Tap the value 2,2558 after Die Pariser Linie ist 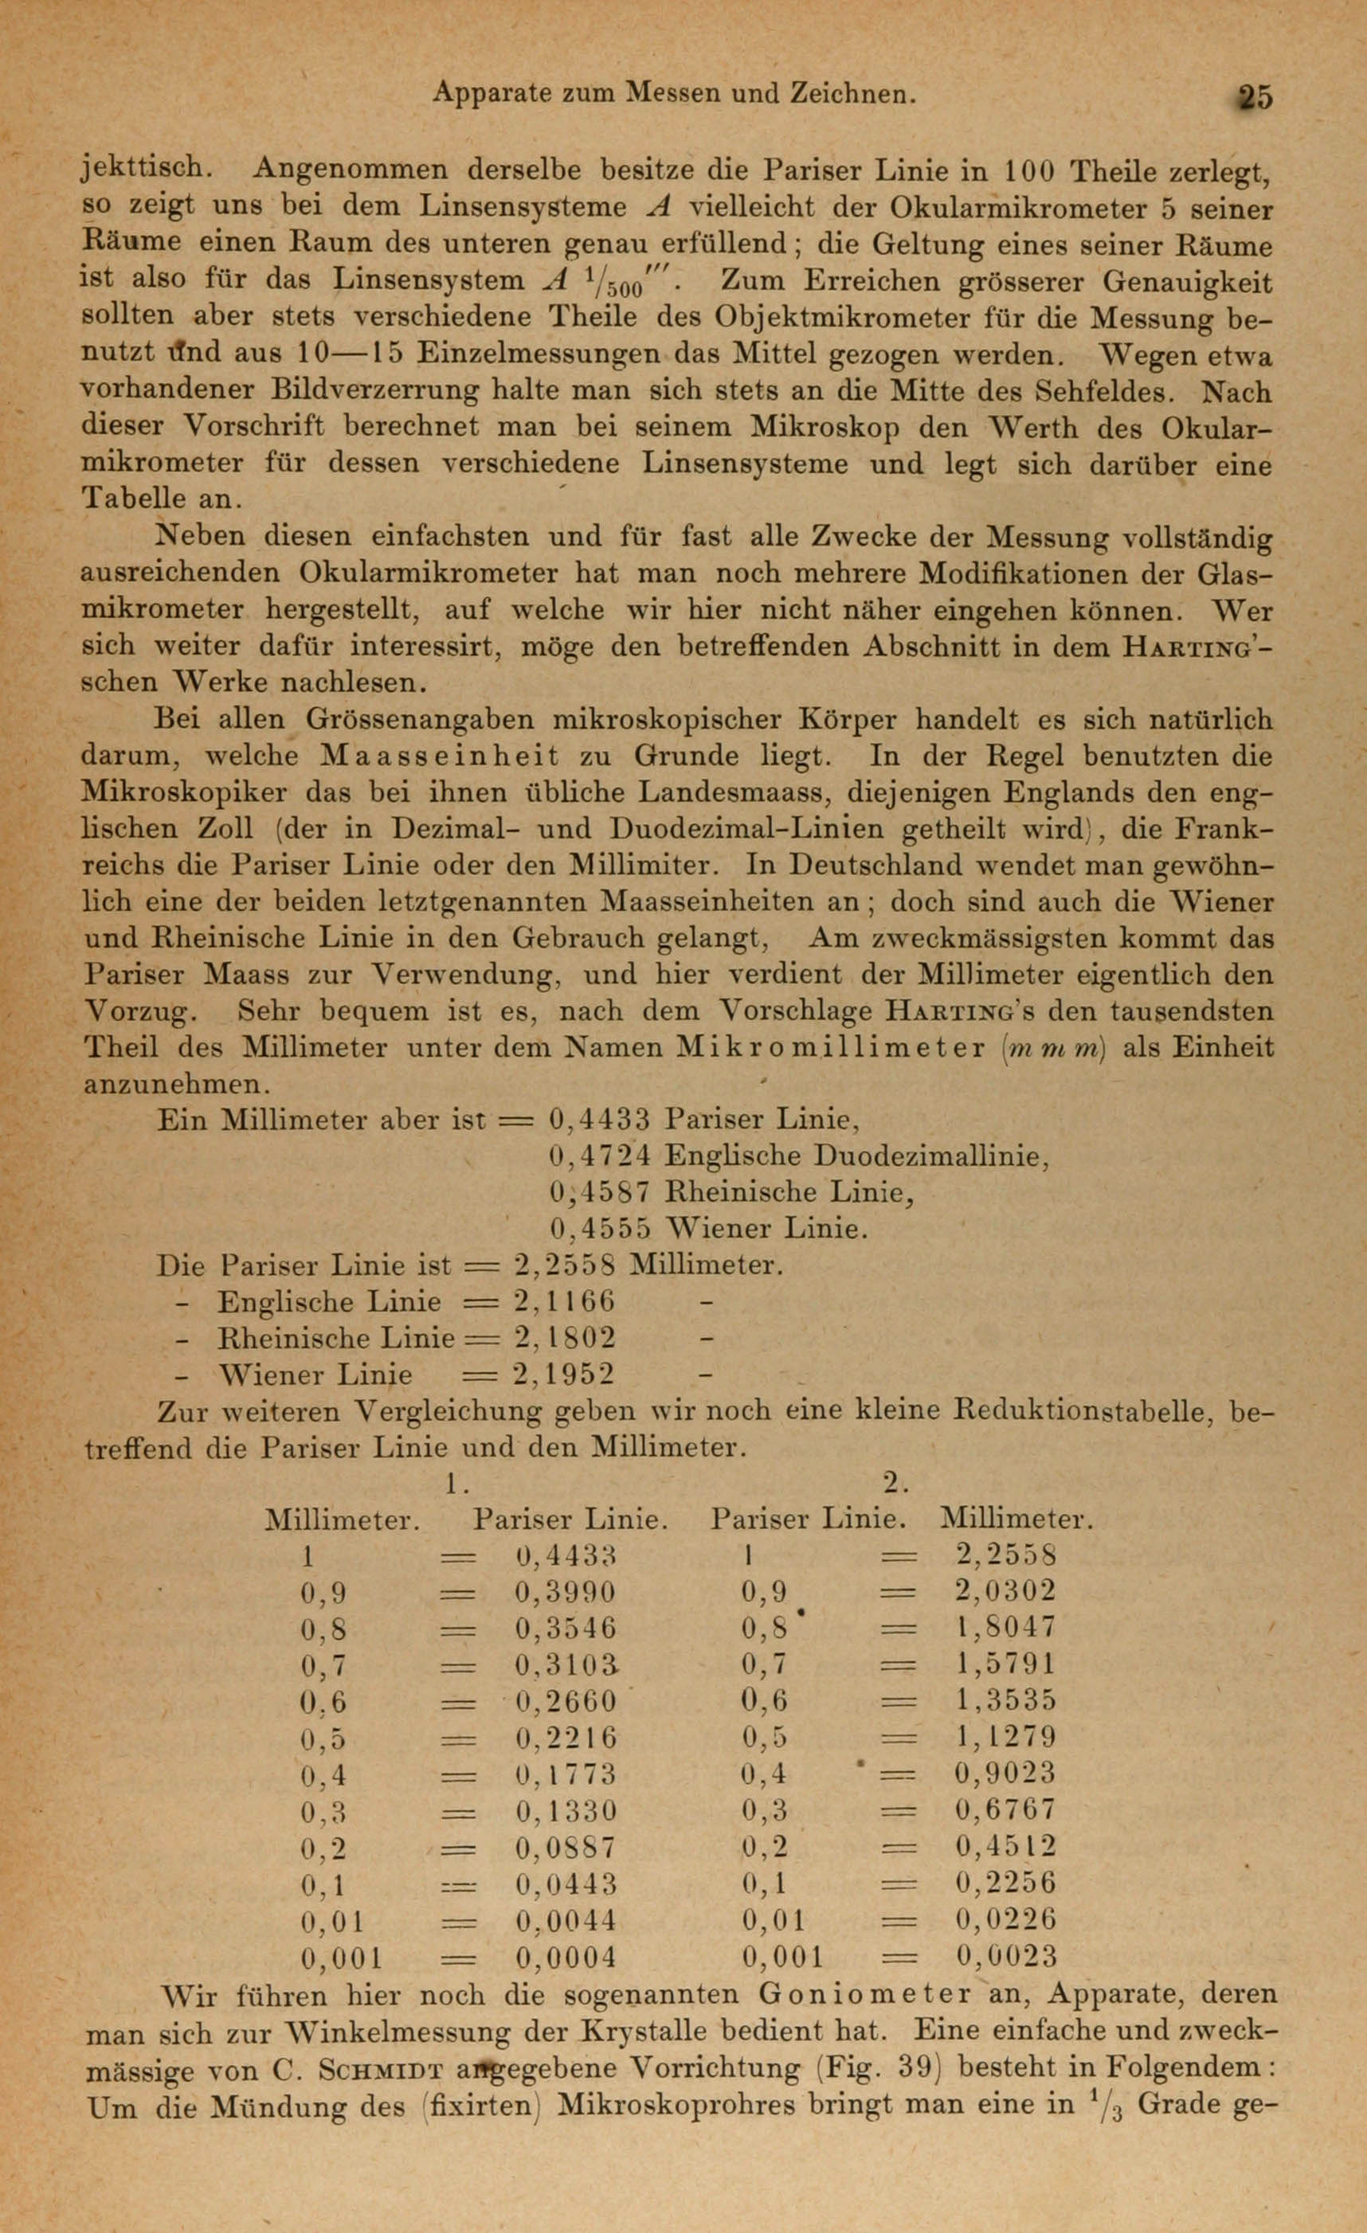tap(564, 1265)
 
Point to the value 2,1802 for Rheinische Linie tap(564, 1339)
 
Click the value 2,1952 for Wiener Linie tap(564, 1375)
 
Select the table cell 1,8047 tap(1006, 1629)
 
